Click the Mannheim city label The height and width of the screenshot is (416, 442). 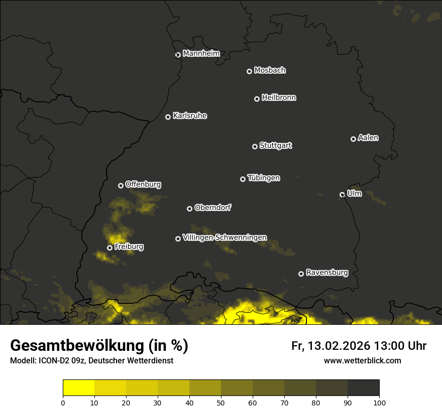[201, 54]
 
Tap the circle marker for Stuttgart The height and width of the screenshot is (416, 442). [255, 146]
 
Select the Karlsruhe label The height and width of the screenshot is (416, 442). [189, 116]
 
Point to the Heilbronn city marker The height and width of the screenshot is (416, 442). [257, 99]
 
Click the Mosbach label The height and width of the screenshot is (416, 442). [270, 71]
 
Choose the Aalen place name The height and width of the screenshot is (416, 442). [368, 138]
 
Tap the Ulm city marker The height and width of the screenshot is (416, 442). [342, 194]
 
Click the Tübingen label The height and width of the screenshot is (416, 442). [264, 178]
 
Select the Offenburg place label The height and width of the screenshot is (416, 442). [143, 184]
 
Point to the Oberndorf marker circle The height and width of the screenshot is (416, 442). [189, 209]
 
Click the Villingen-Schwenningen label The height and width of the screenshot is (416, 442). [225, 238]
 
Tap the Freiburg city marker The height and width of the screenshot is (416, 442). [109, 248]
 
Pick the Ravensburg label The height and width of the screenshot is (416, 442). [326, 273]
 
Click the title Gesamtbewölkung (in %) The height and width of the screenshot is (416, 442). [99, 345]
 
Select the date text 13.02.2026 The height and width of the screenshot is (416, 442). [339, 346]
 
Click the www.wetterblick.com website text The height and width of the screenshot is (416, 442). [362, 360]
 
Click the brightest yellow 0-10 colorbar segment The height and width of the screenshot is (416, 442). [79, 387]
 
